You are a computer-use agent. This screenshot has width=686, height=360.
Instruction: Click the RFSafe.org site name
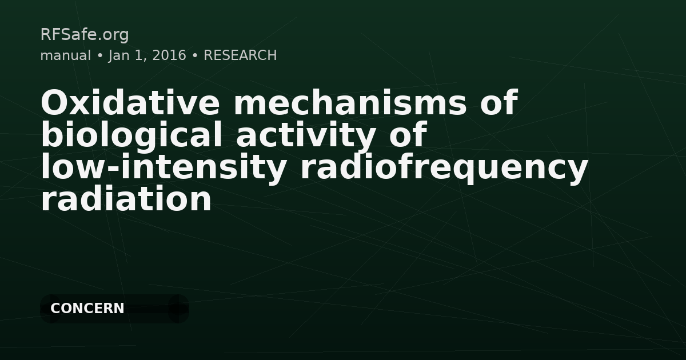[85, 35]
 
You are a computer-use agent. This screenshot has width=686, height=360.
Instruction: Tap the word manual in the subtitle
[66, 55]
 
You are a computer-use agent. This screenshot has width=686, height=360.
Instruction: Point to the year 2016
[169, 55]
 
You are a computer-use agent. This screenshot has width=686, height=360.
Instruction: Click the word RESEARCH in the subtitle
[240, 55]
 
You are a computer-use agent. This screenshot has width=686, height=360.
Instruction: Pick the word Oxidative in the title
[130, 102]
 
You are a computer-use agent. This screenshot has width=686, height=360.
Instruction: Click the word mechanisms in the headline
[350, 102]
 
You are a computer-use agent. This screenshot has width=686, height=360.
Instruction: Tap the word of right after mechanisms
[499, 102]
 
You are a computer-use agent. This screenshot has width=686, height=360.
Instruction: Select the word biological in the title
[131, 135]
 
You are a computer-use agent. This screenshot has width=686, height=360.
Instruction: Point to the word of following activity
[408, 134]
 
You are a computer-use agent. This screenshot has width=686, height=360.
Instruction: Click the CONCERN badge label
[87, 308]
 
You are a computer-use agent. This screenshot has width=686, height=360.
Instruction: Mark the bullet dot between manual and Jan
[100, 56]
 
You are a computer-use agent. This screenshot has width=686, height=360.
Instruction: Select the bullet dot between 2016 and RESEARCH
[195, 56]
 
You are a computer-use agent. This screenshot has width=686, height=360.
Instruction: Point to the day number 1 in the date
[140, 55]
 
